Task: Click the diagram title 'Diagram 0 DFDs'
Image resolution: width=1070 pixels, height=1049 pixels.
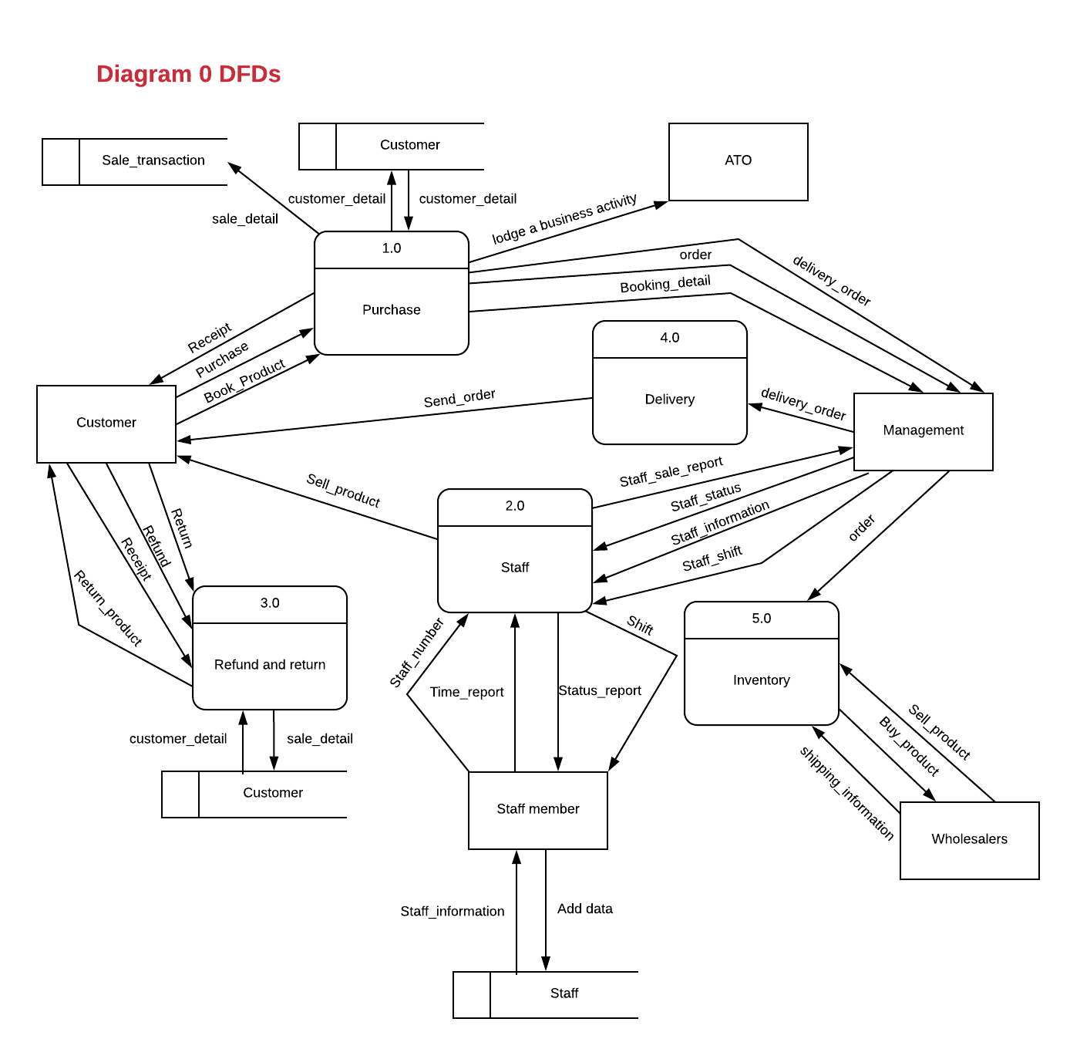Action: [188, 74]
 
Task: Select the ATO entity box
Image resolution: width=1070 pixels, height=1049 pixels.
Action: [738, 161]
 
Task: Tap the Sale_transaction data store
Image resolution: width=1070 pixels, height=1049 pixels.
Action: [153, 161]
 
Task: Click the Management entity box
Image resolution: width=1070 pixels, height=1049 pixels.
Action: [923, 431]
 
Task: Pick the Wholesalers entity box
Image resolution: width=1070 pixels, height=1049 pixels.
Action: [969, 840]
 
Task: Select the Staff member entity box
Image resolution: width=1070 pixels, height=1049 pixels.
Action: [537, 810]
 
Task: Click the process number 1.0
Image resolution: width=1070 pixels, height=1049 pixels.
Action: [391, 248]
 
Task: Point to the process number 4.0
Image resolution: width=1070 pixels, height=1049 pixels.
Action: [669, 338]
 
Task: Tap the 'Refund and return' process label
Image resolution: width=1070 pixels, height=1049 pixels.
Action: [269, 665]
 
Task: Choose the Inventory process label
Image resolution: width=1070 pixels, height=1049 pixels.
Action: [761, 680]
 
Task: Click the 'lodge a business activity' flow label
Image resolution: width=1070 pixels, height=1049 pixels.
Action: [564, 218]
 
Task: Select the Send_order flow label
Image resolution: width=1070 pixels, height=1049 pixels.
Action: [459, 398]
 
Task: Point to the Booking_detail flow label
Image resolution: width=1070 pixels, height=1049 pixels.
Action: [665, 284]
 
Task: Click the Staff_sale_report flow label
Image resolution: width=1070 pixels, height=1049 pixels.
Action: [671, 472]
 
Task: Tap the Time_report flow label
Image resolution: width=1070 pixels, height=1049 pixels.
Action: [466, 693]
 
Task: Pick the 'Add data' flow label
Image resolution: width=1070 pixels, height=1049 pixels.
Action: [584, 909]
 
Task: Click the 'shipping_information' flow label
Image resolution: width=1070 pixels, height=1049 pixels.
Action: [846, 793]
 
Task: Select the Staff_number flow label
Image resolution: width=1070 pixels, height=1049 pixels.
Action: [416, 653]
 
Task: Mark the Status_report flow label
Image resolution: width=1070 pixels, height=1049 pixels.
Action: [600, 691]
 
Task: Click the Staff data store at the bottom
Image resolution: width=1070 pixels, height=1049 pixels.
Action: [564, 994]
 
